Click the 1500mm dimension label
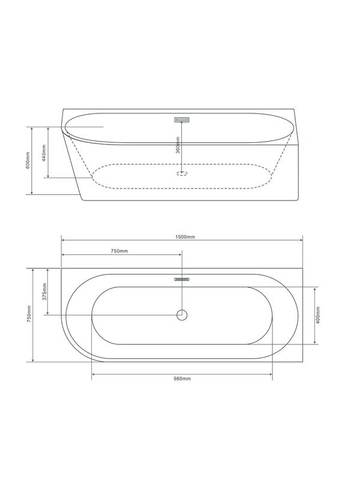(186, 237)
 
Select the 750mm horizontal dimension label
(119, 251)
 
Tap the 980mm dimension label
(182, 380)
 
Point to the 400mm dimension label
(318, 316)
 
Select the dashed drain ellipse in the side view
(182, 174)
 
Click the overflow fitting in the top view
(182, 279)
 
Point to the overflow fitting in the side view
(182, 119)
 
